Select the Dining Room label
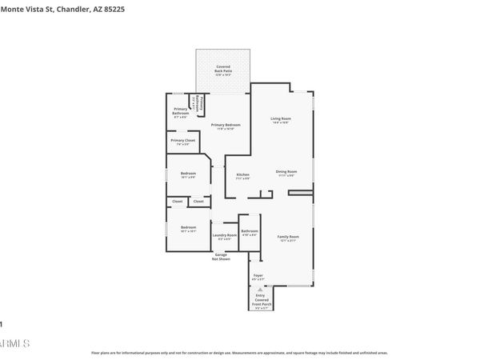tap(286, 172)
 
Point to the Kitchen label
tap(242, 175)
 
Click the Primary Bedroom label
tap(226, 126)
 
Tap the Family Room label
tap(288, 238)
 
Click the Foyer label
tap(258, 277)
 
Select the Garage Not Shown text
tap(221, 257)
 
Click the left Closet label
tap(177, 202)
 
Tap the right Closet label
tap(198, 202)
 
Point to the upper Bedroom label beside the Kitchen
tap(188, 174)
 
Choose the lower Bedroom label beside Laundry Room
tap(188, 229)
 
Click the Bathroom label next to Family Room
tap(250, 233)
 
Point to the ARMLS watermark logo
tap(14, 343)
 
